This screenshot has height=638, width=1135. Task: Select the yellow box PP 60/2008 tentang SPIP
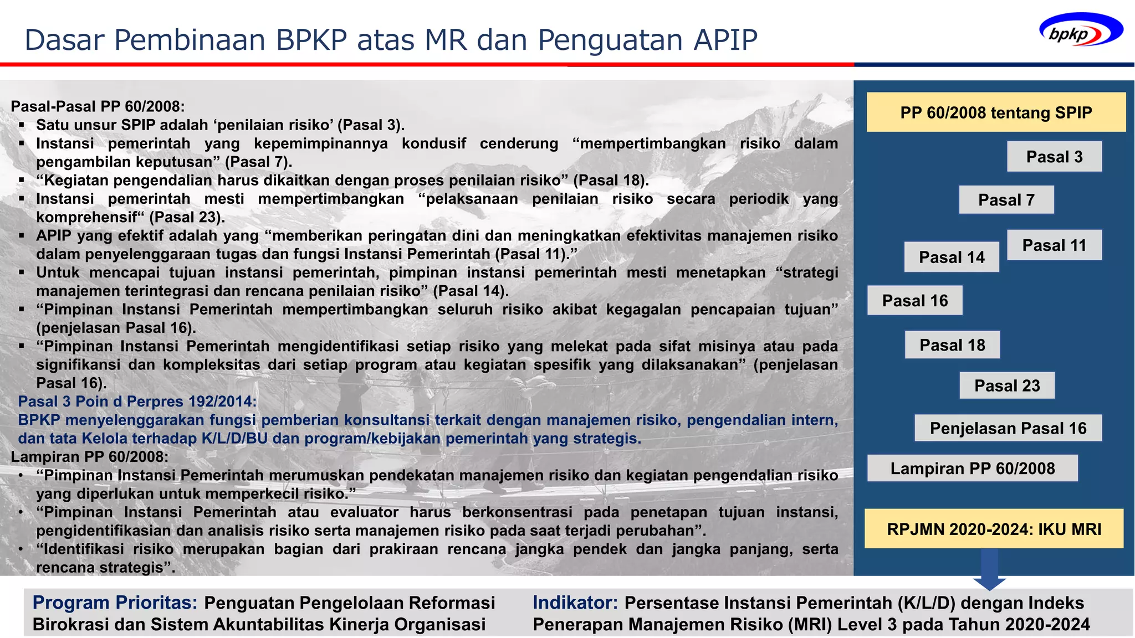click(x=996, y=112)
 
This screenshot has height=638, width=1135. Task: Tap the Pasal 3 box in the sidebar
click(x=1054, y=157)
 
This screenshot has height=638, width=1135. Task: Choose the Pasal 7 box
click(x=1006, y=200)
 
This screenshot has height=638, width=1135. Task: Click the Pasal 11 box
click(x=1054, y=245)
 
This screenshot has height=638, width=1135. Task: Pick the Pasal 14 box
click(x=952, y=257)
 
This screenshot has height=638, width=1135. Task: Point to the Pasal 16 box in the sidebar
click(x=915, y=301)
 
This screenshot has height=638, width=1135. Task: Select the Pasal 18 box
click(x=952, y=345)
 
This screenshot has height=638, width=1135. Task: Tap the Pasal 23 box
click(x=1007, y=385)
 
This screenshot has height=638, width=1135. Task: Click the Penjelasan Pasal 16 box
click(x=1008, y=428)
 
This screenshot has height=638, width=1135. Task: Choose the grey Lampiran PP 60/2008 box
click(x=973, y=469)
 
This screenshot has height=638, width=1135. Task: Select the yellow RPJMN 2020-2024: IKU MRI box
click(x=994, y=529)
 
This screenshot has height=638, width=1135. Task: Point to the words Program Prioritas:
click(x=115, y=603)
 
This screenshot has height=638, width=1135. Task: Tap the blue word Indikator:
click(x=575, y=603)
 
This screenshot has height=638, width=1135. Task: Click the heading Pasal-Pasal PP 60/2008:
click(x=98, y=106)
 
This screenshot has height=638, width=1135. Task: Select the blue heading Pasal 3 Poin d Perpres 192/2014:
click(x=137, y=402)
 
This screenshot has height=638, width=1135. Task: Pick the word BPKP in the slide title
click(x=311, y=40)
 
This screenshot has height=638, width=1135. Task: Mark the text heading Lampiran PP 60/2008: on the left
click(x=89, y=457)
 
